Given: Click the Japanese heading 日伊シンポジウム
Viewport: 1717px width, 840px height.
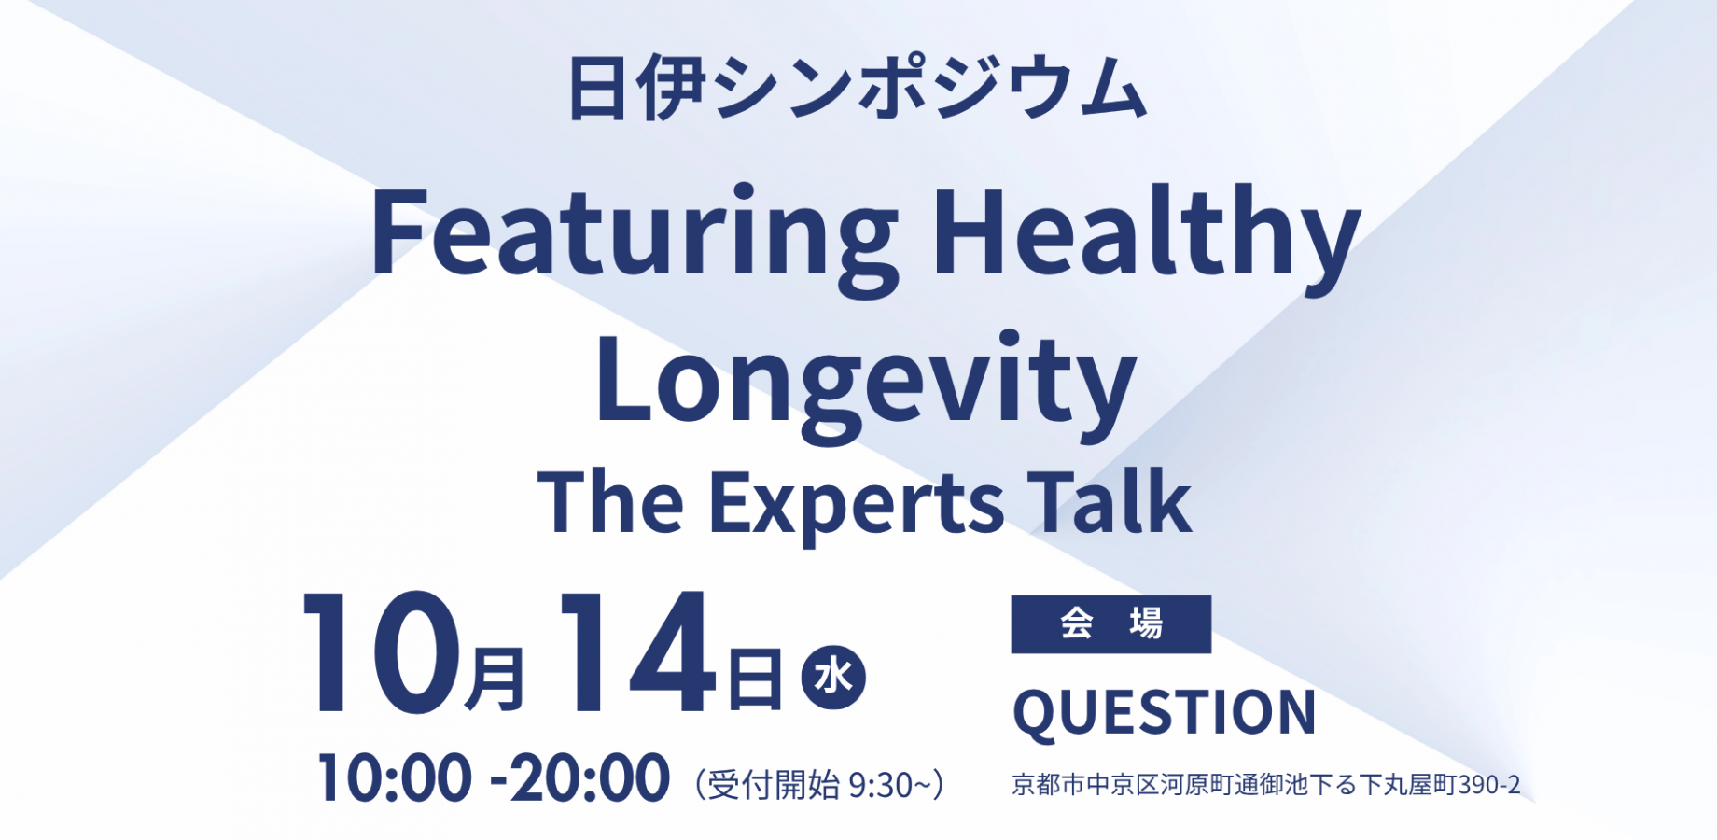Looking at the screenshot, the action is (857, 89).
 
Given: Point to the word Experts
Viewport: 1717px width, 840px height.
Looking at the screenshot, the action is (857, 504).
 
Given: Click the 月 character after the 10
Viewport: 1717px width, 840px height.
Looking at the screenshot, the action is (495, 679).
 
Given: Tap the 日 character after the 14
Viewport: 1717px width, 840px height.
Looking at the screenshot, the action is (755, 679).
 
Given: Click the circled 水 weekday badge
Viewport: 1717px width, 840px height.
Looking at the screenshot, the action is (833, 677).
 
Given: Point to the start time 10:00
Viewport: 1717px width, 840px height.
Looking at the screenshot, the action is (395, 778).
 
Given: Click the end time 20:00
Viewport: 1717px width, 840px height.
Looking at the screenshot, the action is (591, 778).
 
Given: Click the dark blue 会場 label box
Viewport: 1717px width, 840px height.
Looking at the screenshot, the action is (1111, 624).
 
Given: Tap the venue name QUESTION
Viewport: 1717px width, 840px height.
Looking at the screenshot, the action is (1165, 713).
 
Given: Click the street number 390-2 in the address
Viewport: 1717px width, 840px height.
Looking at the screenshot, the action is (1489, 785).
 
